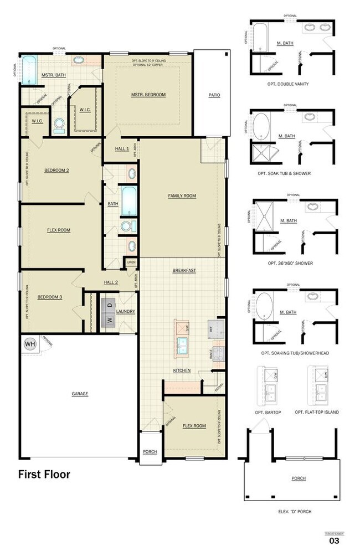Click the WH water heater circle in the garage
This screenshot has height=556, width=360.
[29, 344]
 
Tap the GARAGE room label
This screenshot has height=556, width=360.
[80, 394]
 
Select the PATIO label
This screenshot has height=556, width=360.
[214, 95]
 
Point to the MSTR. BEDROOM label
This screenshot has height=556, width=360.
[148, 95]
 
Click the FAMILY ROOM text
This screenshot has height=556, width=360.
[182, 196]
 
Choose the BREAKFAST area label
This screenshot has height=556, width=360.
[183, 270]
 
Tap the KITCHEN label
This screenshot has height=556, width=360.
[182, 370]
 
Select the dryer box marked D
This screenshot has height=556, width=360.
[109, 305]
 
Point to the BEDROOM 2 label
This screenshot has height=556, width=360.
[56, 170]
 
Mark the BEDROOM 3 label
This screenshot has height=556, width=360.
[49, 297]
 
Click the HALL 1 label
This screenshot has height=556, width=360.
[122, 149]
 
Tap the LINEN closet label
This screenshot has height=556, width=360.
[131, 262]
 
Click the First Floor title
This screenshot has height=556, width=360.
[44, 474]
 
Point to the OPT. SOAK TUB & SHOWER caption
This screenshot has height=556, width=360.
[292, 173]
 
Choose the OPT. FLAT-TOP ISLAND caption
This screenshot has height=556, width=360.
[317, 412]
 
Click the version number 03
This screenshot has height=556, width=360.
[334, 540]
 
